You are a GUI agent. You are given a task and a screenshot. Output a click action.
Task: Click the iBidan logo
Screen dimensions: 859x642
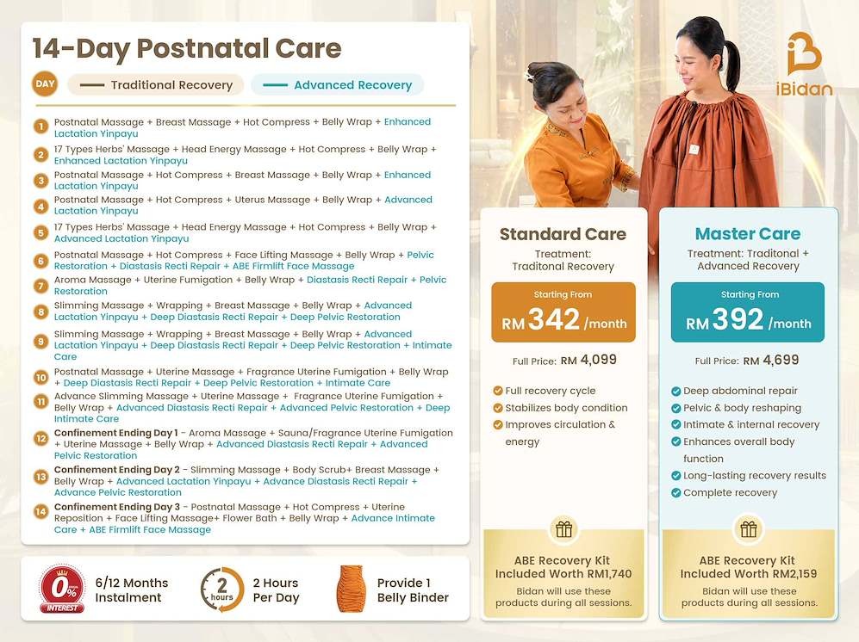(x=804, y=65)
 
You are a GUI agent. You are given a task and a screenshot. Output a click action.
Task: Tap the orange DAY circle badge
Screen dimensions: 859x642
(x=45, y=84)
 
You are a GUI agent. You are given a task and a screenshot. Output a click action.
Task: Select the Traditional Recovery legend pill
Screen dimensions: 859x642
(x=156, y=85)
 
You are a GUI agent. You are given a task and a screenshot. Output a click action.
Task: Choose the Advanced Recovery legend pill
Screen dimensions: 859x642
(x=338, y=85)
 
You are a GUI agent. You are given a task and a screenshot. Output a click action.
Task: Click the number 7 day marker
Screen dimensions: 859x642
(x=40, y=286)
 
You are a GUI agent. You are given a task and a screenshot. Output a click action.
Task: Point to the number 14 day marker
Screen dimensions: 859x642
(x=40, y=512)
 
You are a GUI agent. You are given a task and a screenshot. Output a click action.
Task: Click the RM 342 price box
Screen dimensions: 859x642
(x=563, y=312)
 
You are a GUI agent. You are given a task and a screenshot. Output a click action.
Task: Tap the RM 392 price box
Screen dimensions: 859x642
(x=748, y=312)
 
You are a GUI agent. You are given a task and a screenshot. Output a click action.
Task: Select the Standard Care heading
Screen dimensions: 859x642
(x=563, y=234)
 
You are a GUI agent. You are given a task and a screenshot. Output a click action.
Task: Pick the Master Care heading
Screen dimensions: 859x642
(x=748, y=234)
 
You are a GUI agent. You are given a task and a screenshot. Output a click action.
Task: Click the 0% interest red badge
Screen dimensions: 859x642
(x=62, y=589)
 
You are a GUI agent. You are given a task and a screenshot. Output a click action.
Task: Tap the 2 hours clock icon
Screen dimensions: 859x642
(x=222, y=590)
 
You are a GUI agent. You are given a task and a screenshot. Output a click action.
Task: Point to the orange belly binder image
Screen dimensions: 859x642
(x=352, y=589)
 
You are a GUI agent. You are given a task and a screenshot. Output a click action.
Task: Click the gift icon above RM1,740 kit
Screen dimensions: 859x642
(x=563, y=529)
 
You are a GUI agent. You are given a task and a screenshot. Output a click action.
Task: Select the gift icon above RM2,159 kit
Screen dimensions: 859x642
(x=749, y=529)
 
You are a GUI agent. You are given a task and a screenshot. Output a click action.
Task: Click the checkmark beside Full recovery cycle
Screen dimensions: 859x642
(x=498, y=391)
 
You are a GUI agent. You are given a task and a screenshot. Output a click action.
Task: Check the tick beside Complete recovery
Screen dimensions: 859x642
(x=676, y=492)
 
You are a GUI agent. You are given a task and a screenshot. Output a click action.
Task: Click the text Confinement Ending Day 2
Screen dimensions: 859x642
(x=116, y=470)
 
